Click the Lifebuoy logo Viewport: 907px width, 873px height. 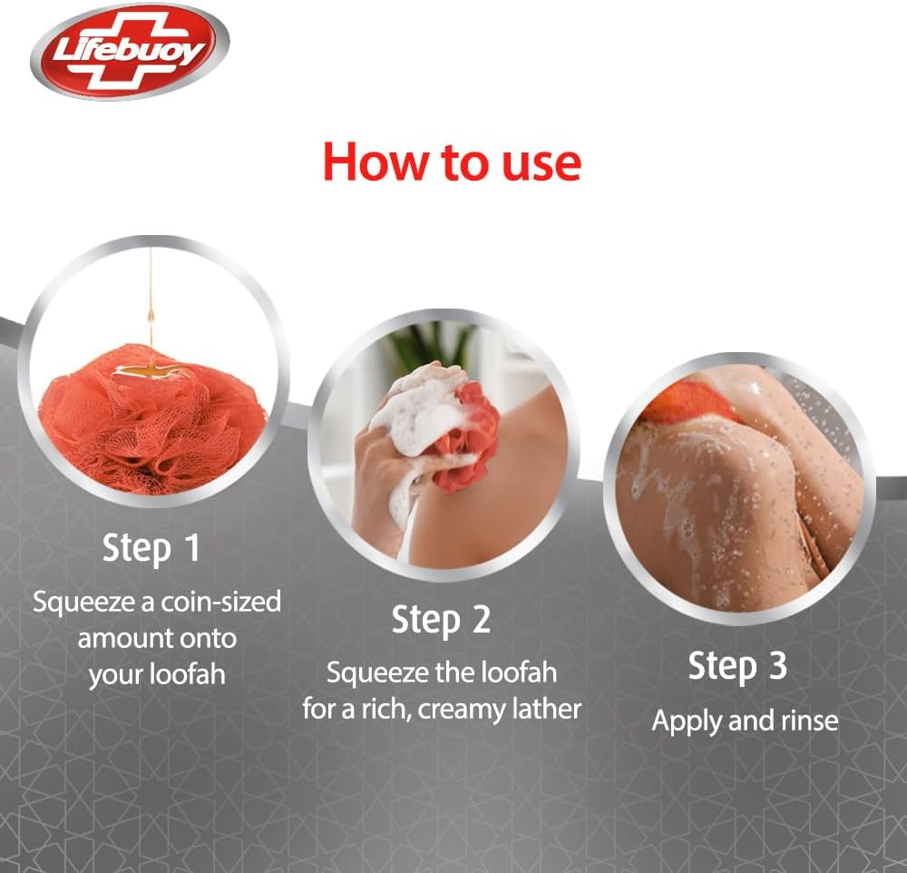pyautogui.click(x=129, y=52)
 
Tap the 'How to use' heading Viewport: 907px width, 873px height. pyautogui.click(x=452, y=162)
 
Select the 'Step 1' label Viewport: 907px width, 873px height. pyautogui.click(x=151, y=549)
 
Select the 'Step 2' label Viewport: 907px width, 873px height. pyautogui.click(x=441, y=621)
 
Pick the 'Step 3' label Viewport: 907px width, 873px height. pyautogui.click(x=737, y=667)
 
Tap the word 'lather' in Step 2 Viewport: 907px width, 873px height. pyautogui.click(x=546, y=708)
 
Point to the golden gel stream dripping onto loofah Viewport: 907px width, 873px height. pyautogui.click(x=151, y=309)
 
